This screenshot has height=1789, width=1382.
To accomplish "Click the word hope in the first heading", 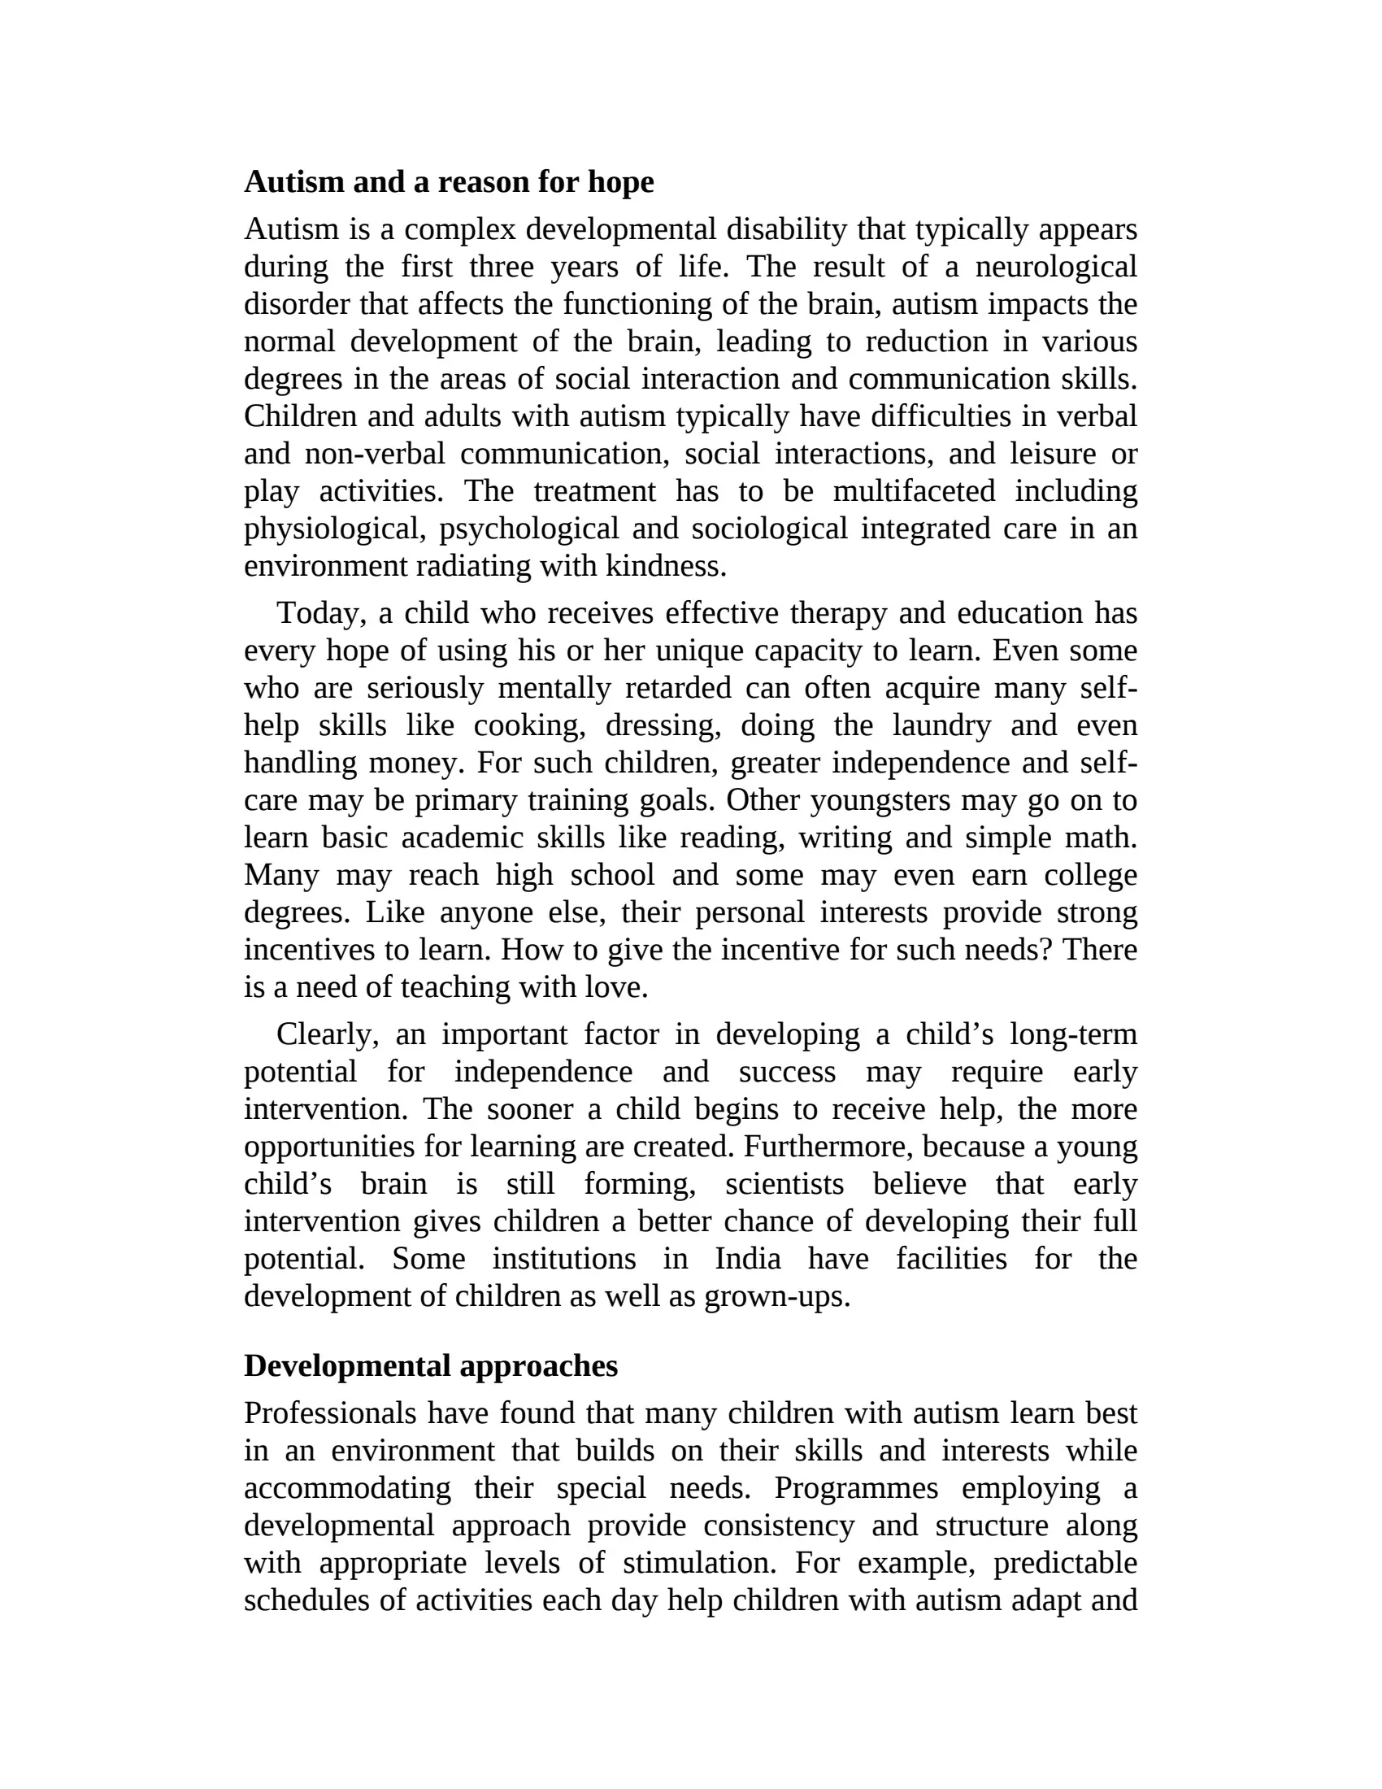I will point(620,183).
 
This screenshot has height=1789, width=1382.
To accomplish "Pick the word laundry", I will point(941,725).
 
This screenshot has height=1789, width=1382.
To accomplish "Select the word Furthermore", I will point(828,1147).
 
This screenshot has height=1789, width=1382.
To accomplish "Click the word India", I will point(747,1259).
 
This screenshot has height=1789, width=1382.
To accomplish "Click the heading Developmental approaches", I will point(431,1366).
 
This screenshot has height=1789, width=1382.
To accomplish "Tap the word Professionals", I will point(330,1413).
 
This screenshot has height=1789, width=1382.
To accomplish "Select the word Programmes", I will point(855,1488).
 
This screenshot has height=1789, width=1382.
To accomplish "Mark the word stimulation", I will point(698,1563).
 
